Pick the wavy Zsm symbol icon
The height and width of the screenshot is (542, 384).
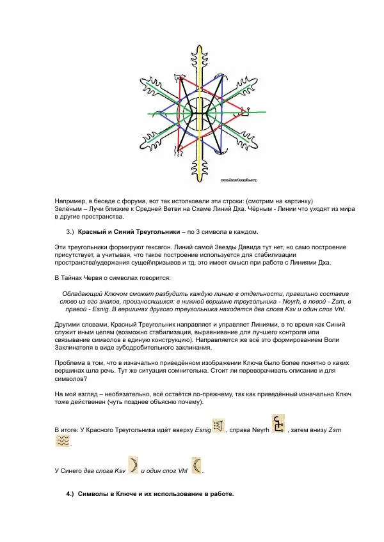coord(63,441)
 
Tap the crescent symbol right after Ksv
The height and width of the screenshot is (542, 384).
coord(134,465)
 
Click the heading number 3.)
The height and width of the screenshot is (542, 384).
coord(71,231)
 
